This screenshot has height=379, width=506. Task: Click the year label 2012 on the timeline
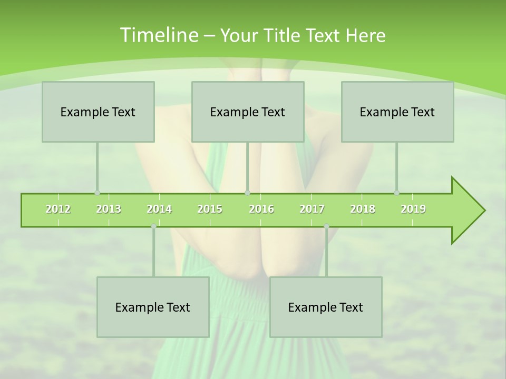pos(58,209)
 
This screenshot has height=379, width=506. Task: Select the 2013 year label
pos(109,209)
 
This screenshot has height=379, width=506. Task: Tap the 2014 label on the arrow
pos(159,209)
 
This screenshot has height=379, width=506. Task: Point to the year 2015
pos(210,209)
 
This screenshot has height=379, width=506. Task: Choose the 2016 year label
pos(261,209)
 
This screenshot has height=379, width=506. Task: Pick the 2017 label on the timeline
pos(312,209)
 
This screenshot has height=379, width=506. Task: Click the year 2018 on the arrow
pos(363,209)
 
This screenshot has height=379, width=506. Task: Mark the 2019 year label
pos(413,209)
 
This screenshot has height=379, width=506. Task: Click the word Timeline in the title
pos(158,35)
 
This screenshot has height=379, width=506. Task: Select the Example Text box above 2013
pos(98,112)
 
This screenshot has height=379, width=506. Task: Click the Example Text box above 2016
pos(248,112)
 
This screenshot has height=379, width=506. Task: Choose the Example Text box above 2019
pos(397,112)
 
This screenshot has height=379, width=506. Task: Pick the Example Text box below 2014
pos(153,307)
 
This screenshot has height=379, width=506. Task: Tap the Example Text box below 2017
pos(326,307)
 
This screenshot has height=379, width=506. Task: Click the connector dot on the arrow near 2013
pos(98,193)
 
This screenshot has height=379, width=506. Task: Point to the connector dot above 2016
pos(248,193)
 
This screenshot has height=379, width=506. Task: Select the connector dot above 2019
pos(397,193)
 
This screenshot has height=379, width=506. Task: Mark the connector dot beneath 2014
pos(153,226)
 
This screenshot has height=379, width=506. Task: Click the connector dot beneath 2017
pos(326,226)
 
